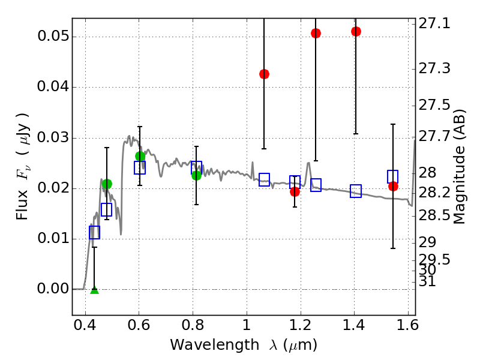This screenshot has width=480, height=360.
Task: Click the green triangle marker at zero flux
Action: pos(94,290)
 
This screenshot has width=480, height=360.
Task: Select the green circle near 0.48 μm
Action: pos(107,184)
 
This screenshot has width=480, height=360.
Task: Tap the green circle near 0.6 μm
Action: pos(140,157)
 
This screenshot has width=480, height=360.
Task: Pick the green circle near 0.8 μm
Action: pos(196,175)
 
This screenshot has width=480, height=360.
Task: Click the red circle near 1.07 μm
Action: pos(264,74)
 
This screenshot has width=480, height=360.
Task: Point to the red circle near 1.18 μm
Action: pos(295,192)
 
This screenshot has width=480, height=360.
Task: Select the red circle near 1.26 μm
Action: pos(316,33)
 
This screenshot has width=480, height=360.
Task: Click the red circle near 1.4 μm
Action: pos(356,31)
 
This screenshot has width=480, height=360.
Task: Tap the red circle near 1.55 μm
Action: pos(393,186)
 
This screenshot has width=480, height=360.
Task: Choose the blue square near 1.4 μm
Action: pos(356,191)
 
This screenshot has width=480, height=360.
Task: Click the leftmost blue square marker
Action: pos(94,233)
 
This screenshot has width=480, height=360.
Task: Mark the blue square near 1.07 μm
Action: pos(264,179)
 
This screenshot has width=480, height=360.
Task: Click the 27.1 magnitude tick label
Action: pos(434,24)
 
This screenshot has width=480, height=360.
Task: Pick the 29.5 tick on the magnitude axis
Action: pos(434,259)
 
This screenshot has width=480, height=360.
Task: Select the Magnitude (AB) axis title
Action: pos(460,167)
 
